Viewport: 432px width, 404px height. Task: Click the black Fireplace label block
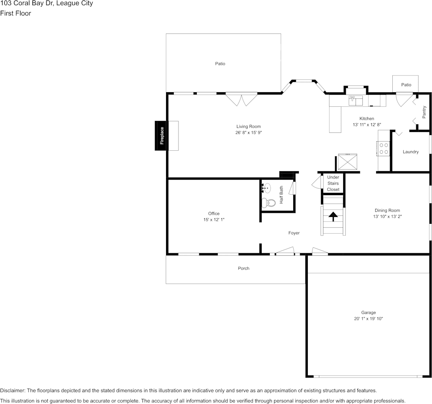161,135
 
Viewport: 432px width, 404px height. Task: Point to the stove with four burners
384,148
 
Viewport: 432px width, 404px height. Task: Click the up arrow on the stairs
333,217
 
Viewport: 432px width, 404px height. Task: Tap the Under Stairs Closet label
333,183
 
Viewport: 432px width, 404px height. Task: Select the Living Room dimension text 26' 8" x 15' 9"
248,133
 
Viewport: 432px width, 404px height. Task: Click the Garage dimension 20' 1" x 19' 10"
368,319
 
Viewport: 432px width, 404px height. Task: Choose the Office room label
214,214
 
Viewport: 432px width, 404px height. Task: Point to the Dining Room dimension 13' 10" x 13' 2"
387,217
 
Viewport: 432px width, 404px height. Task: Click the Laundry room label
411,152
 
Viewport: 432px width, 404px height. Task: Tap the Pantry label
424,112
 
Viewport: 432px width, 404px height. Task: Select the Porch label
243,268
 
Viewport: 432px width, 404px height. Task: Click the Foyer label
294,233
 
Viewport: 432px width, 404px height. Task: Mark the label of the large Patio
220,64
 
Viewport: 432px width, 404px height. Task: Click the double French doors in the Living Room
241,100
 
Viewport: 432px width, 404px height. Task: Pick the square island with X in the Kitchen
348,162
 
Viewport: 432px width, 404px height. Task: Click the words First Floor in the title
15,13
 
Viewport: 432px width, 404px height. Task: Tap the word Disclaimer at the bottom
12,390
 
